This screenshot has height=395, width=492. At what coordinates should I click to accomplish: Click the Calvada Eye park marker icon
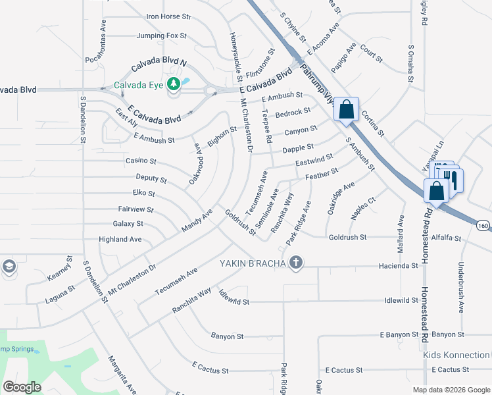(x=174, y=84)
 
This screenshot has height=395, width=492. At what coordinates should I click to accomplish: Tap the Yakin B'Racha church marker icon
(x=296, y=263)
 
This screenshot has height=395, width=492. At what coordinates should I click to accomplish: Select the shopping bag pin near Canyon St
(x=347, y=110)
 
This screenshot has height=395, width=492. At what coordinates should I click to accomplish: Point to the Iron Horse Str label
(x=168, y=16)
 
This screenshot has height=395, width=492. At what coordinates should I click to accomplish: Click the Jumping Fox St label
(x=162, y=36)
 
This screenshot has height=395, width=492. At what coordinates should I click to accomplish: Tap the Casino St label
(x=141, y=161)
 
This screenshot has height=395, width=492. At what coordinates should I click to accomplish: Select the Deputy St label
(x=151, y=178)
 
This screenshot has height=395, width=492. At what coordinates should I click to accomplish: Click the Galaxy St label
(x=128, y=224)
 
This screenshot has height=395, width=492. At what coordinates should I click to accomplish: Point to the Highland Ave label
(x=120, y=240)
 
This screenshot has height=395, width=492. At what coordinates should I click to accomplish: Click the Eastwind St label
(x=314, y=161)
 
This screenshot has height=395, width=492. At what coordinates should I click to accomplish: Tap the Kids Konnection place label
(x=456, y=355)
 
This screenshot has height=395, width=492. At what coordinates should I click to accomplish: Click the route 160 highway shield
(x=483, y=226)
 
